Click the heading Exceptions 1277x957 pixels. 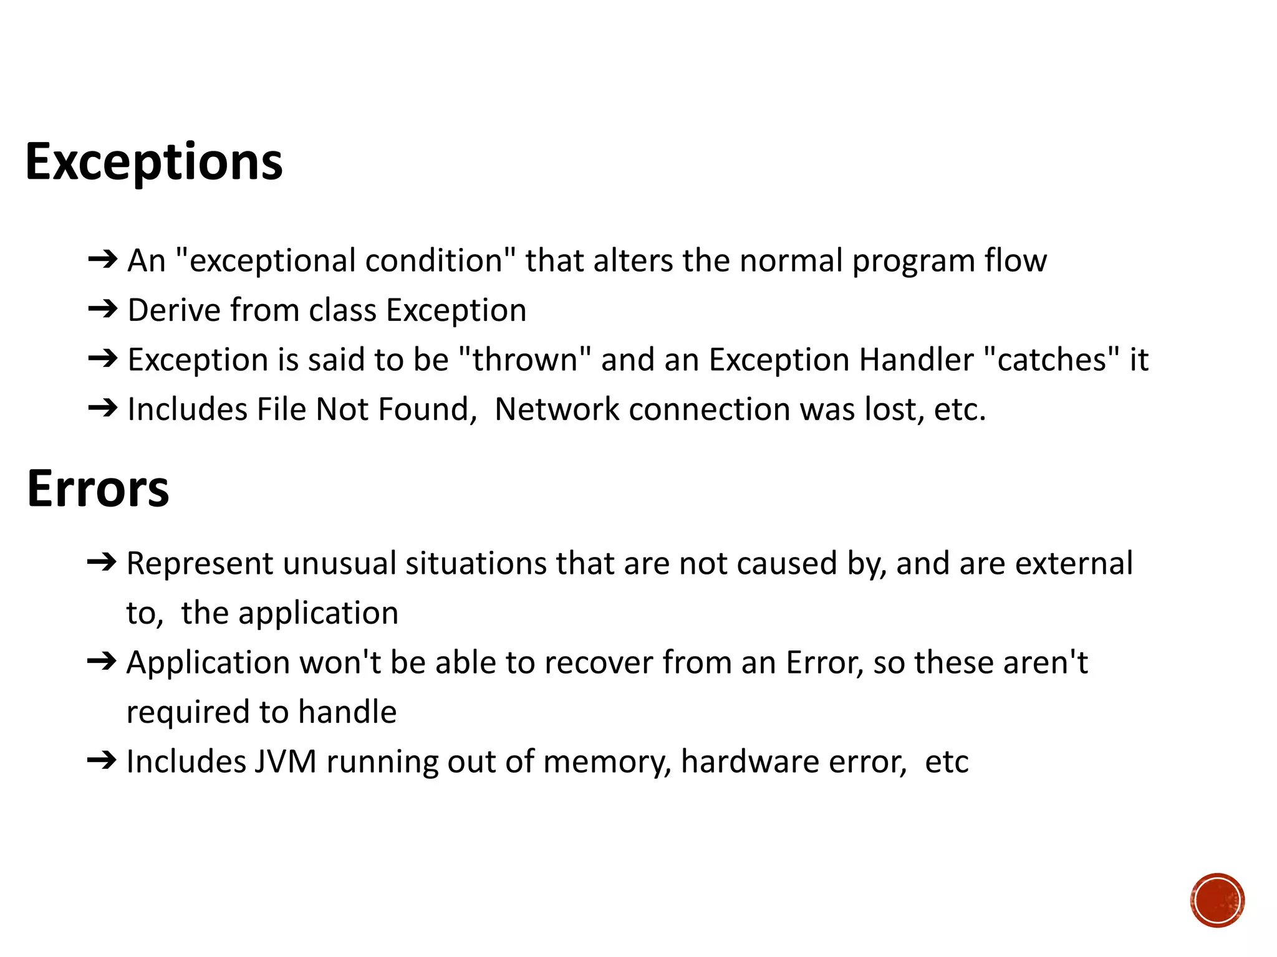[153, 162]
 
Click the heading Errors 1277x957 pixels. [98, 489]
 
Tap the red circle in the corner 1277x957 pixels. [1217, 900]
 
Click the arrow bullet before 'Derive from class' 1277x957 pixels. [103, 309]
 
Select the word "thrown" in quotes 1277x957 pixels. [524, 359]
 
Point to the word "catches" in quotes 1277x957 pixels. [1051, 359]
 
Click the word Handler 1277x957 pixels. [916, 359]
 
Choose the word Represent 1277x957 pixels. [200, 564]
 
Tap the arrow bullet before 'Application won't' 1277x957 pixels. [102, 661]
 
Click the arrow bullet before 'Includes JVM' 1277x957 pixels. [102, 760]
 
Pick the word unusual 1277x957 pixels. [339, 563]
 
